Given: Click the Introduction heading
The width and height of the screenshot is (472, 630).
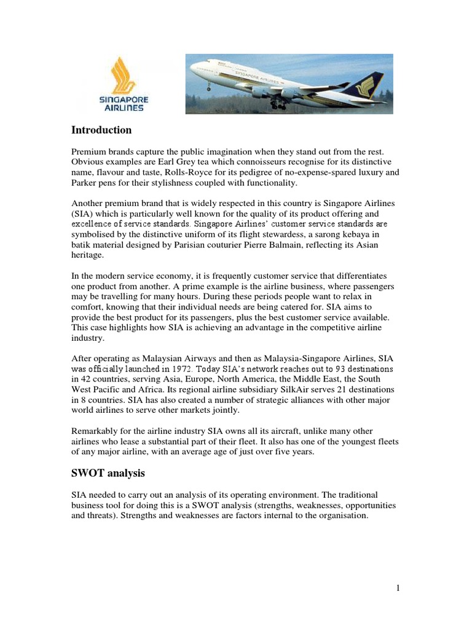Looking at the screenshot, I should (101, 130).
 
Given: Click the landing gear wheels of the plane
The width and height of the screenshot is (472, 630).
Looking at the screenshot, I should (278, 105).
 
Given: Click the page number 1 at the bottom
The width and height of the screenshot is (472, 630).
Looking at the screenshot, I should (398, 588).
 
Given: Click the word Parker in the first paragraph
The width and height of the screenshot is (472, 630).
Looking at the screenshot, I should (85, 183).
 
